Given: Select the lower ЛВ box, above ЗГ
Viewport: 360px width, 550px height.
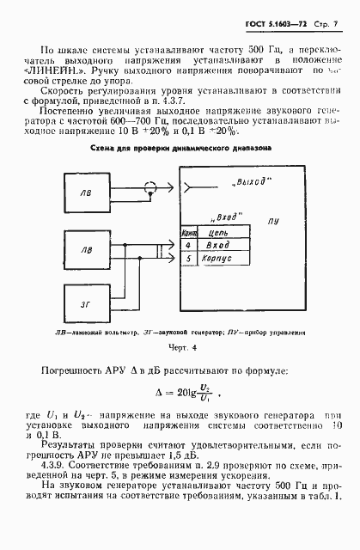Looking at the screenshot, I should (x=84, y=250).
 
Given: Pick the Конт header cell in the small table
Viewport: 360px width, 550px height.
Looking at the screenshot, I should (x=189, y=231).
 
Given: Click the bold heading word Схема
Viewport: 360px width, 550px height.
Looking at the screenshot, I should (x=125, y=148).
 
